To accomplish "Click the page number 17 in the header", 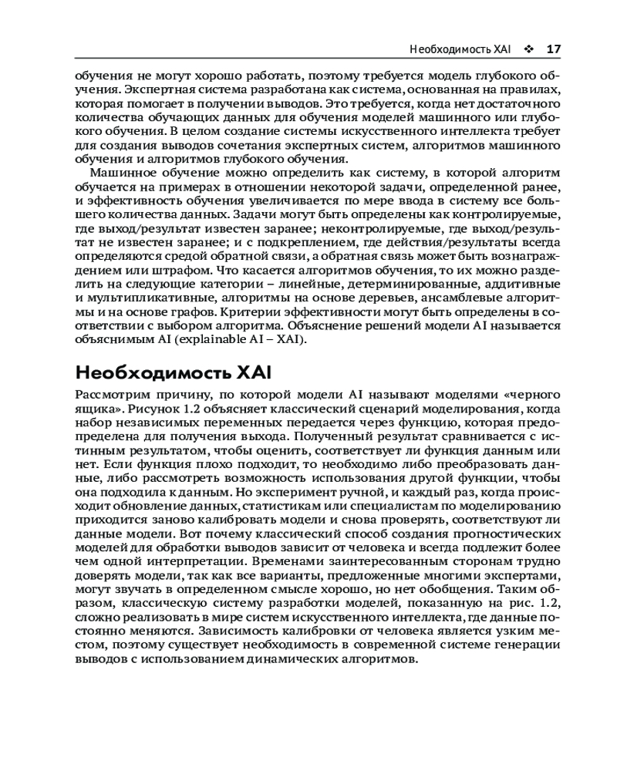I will (553, 49).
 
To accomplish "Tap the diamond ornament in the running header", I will (528, 49).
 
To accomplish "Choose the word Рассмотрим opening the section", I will (110, 395).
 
